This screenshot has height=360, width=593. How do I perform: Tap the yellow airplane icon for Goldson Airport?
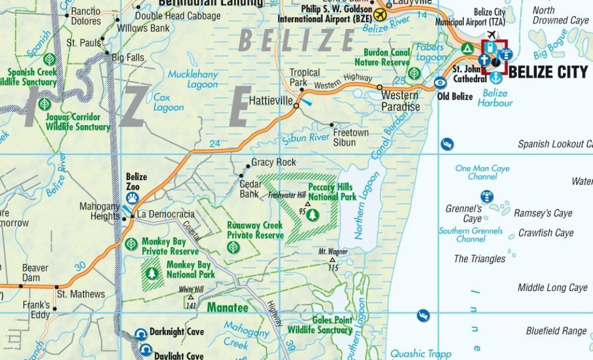point(380,13)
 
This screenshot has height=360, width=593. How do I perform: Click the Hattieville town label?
point(270,100)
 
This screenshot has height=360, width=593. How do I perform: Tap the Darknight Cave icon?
point(140,333)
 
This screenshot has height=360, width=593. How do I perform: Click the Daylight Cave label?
point(178,355)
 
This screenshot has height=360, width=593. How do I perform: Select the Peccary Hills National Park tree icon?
point(313,215)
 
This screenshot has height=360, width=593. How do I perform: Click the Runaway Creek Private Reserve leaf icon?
point(233,247)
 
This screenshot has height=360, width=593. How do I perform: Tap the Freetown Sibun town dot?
point(332,124)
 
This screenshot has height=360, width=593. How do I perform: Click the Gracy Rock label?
point(273,163)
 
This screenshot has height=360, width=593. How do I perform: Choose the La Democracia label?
point(166,214)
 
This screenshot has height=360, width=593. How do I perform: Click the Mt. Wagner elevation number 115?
point(333,267)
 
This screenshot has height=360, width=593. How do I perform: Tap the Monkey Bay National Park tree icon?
point(152,272)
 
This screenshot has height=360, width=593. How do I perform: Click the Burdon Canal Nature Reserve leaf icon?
point(414,74)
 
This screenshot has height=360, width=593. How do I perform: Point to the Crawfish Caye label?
point(546,233)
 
